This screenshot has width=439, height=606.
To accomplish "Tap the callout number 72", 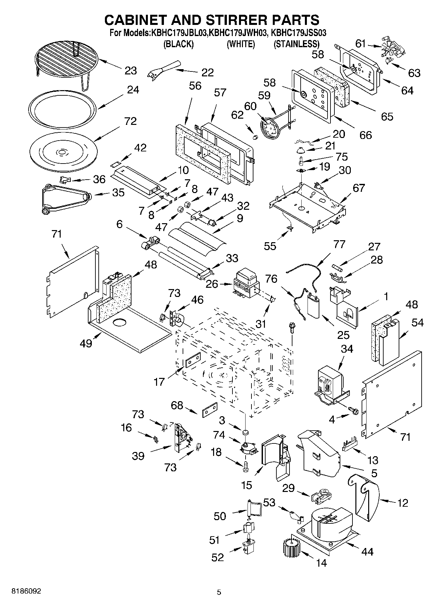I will (x=130, y=121).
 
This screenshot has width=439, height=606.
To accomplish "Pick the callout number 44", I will (x=367, y=552).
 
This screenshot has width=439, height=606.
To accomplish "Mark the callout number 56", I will (x=195, y=86).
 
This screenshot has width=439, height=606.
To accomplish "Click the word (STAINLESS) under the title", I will (x=296, y=44).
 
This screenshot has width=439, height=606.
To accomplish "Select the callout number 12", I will (x=403, y=502).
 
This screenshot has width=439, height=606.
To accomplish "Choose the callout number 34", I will (x=347, y=349).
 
